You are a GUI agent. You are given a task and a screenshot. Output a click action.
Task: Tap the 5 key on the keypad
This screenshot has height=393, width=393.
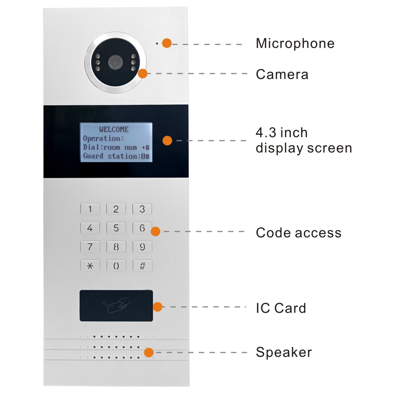pos(116,228)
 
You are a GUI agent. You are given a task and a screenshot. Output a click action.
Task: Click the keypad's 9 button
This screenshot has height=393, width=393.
pos(142,247)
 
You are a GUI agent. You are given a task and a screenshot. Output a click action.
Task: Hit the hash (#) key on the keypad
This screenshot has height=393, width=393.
pos(142,266)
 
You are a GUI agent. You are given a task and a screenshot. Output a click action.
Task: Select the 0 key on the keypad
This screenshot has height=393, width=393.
pos(116,266)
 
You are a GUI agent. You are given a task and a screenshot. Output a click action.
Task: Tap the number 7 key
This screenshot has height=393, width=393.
pos(90,247)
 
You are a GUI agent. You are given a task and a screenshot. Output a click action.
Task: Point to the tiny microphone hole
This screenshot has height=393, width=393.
pos(156,43)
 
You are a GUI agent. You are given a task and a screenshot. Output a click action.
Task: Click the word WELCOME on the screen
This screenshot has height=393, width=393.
pos(114,129)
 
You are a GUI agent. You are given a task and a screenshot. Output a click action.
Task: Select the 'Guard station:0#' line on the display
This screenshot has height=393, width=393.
pos(116,156)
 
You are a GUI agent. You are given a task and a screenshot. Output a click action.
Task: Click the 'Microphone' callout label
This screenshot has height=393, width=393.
pos(295,43)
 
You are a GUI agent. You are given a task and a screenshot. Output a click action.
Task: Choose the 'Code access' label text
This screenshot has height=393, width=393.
pos(298,233)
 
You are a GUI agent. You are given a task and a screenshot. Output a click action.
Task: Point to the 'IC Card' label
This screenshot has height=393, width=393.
pos(281,308)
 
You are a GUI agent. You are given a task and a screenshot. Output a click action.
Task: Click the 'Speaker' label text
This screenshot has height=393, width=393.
pos(283,352)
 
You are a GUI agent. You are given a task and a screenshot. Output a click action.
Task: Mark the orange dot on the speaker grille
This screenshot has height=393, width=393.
pos(149,352)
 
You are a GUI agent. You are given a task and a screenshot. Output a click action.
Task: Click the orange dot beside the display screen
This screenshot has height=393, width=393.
pos(167,140)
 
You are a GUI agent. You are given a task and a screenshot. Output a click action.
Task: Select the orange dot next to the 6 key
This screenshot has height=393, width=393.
pos(156,231)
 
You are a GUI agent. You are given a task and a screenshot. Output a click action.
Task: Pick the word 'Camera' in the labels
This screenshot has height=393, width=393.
pos(282,74)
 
